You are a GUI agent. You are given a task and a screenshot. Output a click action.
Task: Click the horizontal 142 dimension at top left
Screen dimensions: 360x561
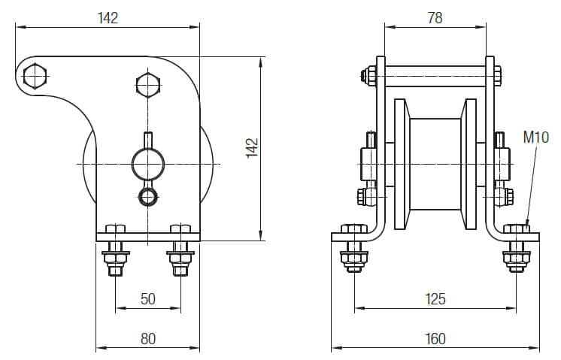click(x=108, y=18)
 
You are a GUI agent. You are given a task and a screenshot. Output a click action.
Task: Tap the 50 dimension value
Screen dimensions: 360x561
click(x=148, y=299)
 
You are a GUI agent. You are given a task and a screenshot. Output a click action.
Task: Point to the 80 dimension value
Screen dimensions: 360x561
click(x=148, y=339)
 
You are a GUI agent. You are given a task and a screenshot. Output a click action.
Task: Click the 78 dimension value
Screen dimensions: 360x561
click(x=435, y=18)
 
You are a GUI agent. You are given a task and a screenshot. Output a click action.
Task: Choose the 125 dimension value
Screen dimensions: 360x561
click(x=435, y=299)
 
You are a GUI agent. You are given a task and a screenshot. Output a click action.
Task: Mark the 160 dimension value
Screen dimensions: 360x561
click(x=435, y=339)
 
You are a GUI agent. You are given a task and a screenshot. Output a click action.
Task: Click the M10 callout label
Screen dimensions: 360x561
click(x=535, y=137)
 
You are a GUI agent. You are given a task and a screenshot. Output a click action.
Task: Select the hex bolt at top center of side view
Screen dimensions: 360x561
click(x=147, y=85)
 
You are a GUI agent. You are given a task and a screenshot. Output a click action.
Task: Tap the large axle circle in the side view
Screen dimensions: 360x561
click(x=147, y=163)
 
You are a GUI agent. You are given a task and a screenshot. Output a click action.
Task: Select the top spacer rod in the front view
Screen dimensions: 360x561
click(x=435, y=75)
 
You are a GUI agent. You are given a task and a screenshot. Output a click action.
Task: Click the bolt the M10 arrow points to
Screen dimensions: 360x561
click(x=516, y=248)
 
